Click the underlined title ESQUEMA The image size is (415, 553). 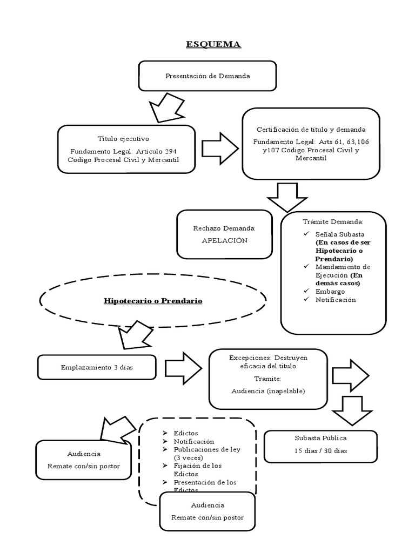point(213,44)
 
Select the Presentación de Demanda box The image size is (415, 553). point(207,76)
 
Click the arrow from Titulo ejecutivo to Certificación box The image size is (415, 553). point(219,147)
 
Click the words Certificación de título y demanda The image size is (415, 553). point(310,130)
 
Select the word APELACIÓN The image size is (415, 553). point(224,241)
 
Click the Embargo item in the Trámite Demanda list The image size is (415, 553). point(330,292)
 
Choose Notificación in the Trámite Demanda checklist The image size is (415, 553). point(336,300)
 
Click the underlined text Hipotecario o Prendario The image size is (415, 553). point(153,300)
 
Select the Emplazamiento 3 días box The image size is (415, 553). point(97,368)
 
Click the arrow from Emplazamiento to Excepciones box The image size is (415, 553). point(183,368)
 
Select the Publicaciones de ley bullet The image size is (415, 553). point(206,449)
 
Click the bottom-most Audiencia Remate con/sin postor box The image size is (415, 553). point(207,511)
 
